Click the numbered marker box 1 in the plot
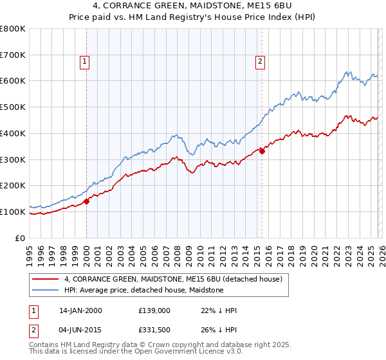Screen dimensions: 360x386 [x=85, y=62]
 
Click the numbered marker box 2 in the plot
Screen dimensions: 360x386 [x=260, y=62]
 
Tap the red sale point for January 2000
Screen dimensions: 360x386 [x=87, y=201]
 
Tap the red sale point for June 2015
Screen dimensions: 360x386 [x=262, y=152]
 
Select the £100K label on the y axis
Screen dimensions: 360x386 [x=14, y=212]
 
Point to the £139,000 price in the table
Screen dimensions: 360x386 [x=154, y=310]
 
